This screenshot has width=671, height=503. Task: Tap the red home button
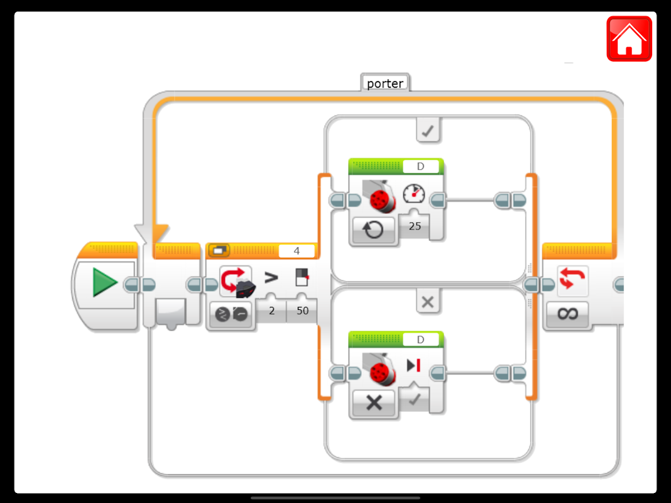629,38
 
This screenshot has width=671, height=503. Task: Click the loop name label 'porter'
385,83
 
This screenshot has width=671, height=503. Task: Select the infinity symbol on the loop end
567,314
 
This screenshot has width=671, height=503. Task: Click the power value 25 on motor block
415,226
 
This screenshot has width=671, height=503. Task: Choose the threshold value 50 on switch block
302,311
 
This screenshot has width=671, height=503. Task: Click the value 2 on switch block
271,311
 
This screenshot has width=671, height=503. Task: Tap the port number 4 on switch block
297,251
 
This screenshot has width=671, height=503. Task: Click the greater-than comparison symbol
271,277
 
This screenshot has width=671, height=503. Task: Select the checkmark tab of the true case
428,130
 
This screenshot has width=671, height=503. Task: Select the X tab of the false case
428,302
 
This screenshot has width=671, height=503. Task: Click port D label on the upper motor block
420,167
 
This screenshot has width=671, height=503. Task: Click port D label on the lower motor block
420,340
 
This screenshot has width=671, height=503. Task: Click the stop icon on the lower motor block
413,365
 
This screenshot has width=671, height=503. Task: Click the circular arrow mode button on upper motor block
374,230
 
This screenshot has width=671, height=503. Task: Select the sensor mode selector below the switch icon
231,314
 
